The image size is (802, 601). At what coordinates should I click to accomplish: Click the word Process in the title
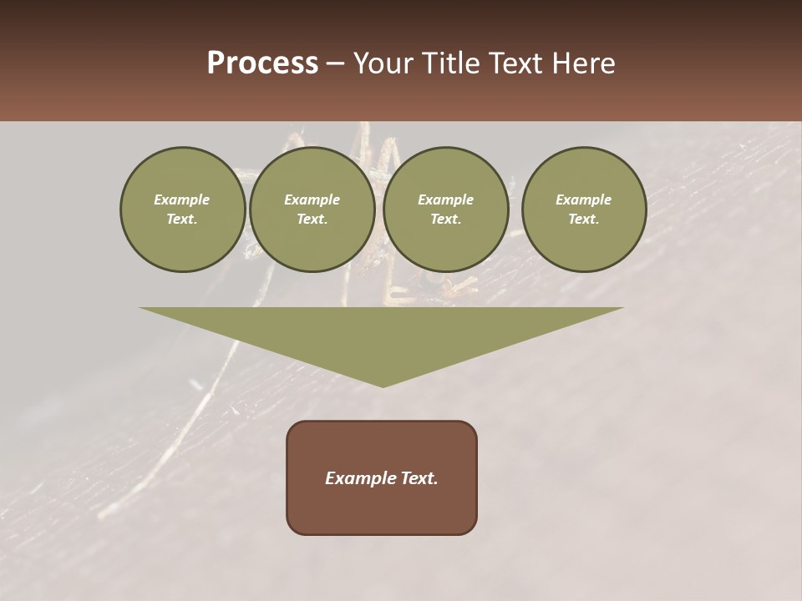pyautogui.click(x=262, y=63)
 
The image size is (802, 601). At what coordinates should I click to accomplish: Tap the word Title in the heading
pyautogui.click(x=451, y=63)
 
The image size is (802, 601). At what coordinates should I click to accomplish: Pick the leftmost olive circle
pyautogui.click(x=182, y=210)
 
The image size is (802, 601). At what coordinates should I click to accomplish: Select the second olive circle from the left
pyautogui.click(x=312, y=210)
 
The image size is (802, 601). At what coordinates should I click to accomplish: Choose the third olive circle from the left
pyautogui.click(x=445, y=210)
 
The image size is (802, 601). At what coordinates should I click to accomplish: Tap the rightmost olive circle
pyautogui.click(x=584, y=210)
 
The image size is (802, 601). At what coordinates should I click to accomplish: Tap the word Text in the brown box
pyautogui.click(x=418, y=478)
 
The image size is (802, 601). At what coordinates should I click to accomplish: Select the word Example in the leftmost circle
pyautogui.click(x=182, y=199)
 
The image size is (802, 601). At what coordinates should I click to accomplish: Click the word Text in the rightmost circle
pyautogui.click(x=584, y=220)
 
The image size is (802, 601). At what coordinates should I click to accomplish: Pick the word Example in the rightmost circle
pyautogui.click(x=584, y=199)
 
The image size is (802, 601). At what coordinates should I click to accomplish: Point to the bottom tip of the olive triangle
pyautogui.click(x=383, y=385)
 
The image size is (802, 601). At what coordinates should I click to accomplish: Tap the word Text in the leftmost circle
pyautogui.click(x=182, y=220)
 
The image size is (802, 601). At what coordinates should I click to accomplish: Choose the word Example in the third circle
pyautogui.click(x=445, y=199)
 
